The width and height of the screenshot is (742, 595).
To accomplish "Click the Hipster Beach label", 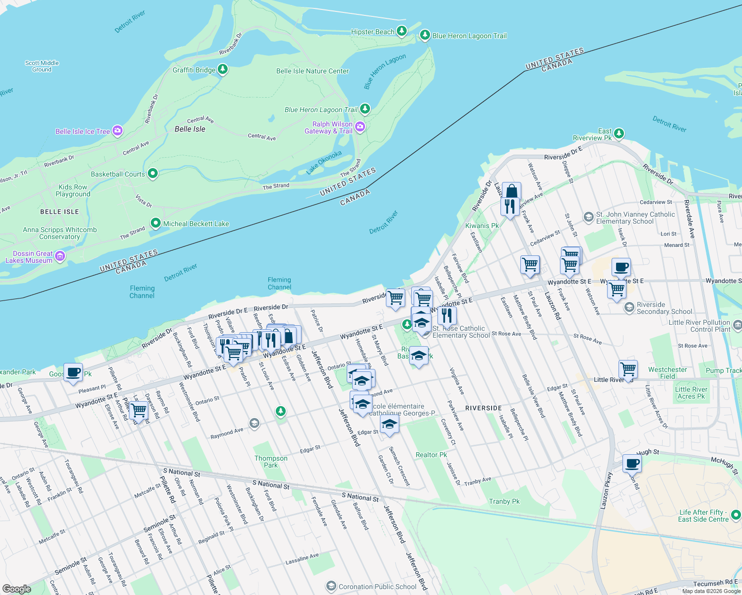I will (x=372, y=32).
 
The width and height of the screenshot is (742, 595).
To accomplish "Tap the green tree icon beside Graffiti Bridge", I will (x=223, y=69).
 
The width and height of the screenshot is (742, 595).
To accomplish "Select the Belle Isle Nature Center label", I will (x=312, y=71).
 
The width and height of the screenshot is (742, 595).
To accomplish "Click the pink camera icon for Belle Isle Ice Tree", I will (x=118, y=131).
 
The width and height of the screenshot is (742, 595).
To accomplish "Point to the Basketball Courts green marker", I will (x=153, y=174).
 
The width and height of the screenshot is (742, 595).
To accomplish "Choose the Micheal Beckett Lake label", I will (x=196, y=224).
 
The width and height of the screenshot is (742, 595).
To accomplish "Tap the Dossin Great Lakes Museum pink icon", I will (x=60, y=256).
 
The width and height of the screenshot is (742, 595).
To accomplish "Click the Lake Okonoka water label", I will (x=324, y=163).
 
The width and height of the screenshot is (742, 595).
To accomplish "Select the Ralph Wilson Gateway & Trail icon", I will (x=360, y=127).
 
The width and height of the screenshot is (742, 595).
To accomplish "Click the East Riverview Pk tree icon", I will (x=618, y=133).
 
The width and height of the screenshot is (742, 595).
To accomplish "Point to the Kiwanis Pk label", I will (x=482, y=226).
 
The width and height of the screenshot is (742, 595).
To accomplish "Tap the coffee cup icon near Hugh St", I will (x=632, y=463).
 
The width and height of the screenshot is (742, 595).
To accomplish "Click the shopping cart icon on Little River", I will (x=628, y=369).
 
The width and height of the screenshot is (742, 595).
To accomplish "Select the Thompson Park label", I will (x=271, y=462).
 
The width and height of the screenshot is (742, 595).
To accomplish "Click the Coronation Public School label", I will (x=377, y=587).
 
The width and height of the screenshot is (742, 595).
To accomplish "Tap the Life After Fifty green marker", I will (x=736, y=515).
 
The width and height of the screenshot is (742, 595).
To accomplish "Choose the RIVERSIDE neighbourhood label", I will (x=484, y=408).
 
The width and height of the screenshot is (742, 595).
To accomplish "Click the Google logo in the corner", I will (x=16, y=589).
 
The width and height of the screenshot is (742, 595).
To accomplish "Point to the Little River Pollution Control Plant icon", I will (x=737, y=325).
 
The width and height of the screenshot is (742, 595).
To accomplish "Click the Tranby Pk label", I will (x=504, y=501).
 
